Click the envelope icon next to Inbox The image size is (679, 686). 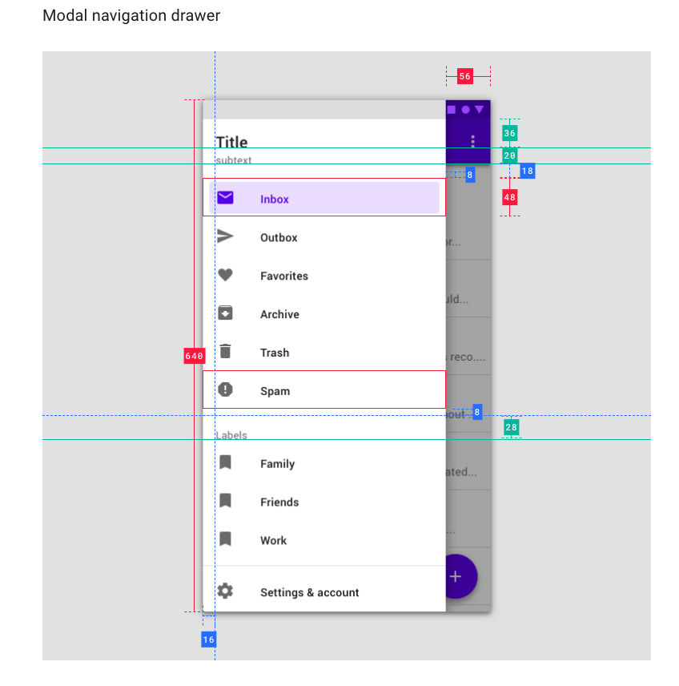225,198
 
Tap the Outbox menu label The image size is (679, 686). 279,238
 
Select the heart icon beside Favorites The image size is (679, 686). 225,275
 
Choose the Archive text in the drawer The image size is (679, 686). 279,315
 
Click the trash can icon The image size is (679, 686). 225,351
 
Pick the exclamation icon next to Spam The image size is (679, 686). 225,389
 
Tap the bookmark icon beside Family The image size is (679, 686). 225,462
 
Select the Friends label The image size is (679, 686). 279,502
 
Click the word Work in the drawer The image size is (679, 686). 273,541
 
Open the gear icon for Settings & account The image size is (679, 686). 225,591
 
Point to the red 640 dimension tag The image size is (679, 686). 194,356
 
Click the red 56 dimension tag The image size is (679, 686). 465,77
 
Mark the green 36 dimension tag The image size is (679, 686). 510,133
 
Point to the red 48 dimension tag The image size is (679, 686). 510,197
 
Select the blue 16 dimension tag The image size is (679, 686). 208,640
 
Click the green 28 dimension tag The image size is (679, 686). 511,428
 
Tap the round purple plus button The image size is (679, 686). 456,575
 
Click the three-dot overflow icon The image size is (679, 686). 473,141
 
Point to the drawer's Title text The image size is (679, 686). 231,143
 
